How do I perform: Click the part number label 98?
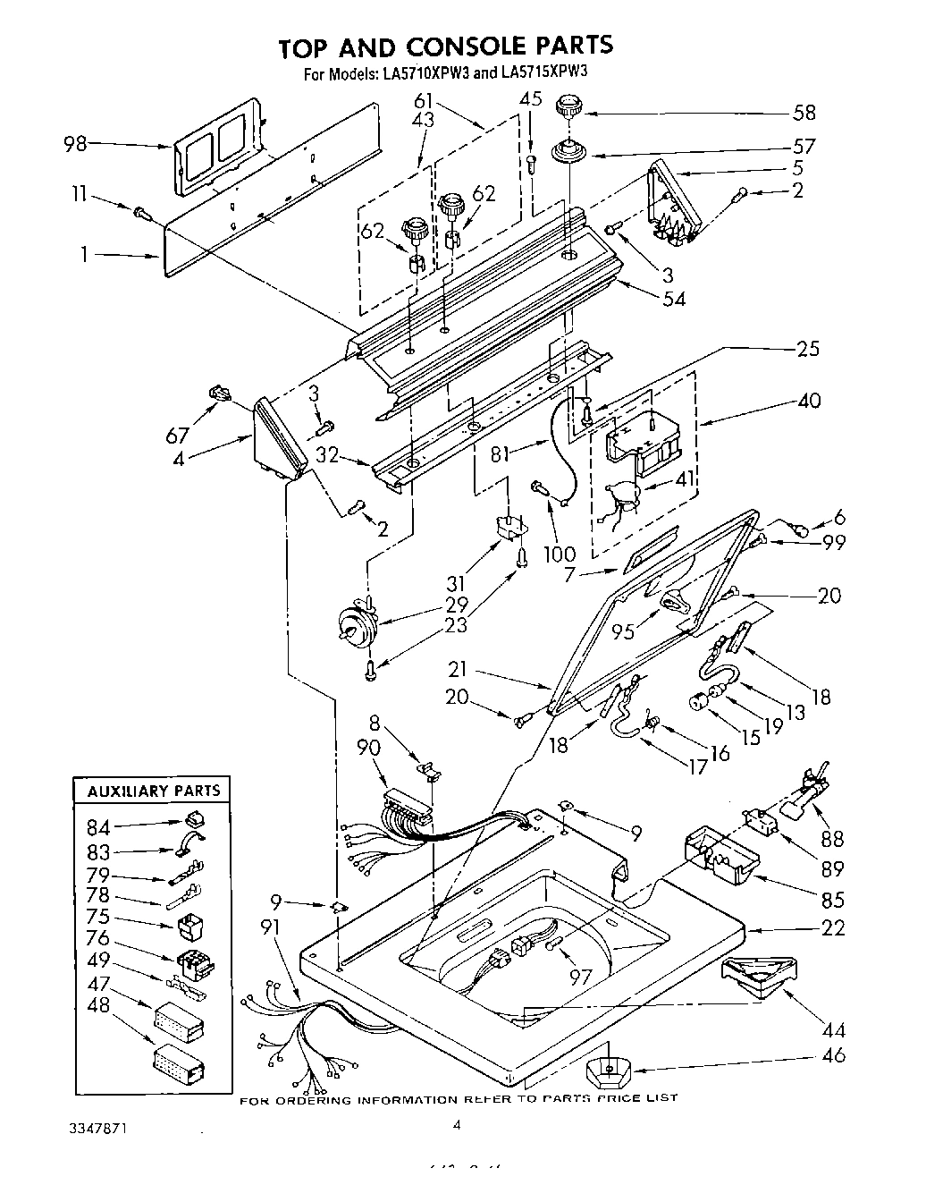pyautogui.click(x=77, y=143)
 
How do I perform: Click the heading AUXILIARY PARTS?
pyautogui.click(x=153, y=791)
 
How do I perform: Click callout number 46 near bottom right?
pyautogui.click(x=833, y=1056)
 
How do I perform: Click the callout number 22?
pyautogui.click(x=833, y=928)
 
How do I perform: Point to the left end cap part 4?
pyautogui.click(x=279, y=435)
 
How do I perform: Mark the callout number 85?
pyautogui.click(x=832, y=899)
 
